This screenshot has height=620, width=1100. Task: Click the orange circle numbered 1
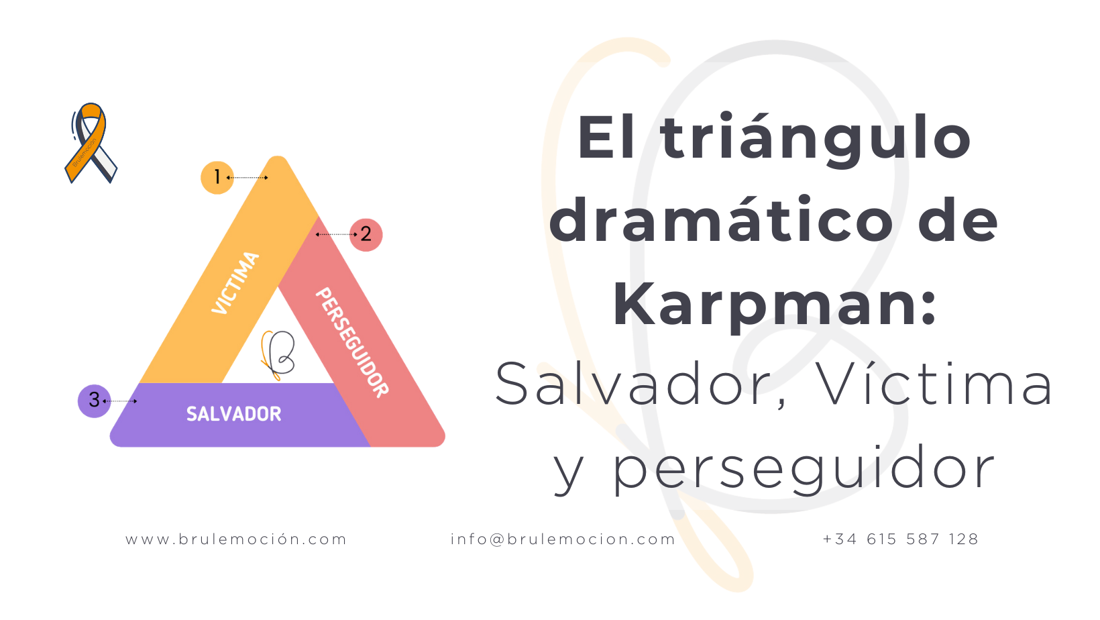pos(217,178)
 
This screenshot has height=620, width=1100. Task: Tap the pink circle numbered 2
pos(366,235)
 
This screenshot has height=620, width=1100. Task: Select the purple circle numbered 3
pos(95,401)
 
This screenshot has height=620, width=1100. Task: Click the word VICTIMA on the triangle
pos(235,282)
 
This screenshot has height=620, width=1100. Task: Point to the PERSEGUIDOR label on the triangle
pos(352,342)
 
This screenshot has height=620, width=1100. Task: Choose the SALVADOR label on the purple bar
pos(233,414)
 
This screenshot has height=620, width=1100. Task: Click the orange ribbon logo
pos(91,142)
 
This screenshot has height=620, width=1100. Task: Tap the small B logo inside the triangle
pos(278,355)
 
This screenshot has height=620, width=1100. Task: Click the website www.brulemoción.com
pos(236,539)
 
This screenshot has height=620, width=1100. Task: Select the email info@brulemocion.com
pos(563,539)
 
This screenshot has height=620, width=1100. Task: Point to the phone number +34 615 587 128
pos(901,539)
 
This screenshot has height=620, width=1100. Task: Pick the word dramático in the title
pos(721,221)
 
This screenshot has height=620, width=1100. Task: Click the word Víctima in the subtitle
pos(934,384)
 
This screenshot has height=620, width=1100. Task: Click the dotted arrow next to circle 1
pos(248,178)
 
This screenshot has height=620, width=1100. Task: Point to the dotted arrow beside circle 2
pos(336,235)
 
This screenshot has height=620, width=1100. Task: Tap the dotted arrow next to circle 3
pos(121,401)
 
